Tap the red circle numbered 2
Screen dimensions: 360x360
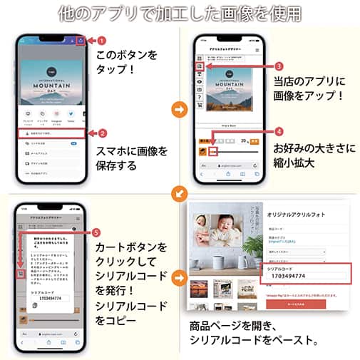tap(101, 133)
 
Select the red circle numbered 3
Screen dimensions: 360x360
tap(279, 66)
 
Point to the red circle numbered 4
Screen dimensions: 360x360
tap(279, 131)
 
